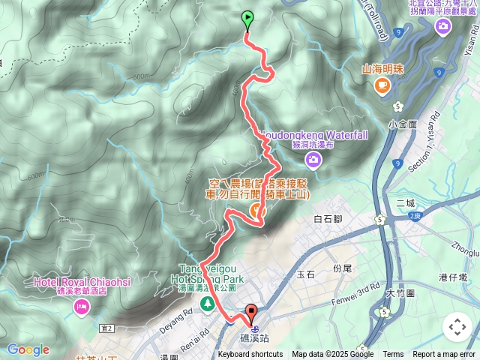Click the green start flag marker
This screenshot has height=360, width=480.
[x=247, y=20]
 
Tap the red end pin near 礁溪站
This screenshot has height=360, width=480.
[x=251, y=314]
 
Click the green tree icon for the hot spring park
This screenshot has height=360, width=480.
[x=208, y=303]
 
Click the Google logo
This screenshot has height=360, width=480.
[x=28, y=349]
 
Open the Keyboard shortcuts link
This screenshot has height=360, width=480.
[x=250, y=355]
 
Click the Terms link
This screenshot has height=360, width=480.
[x=393, y=355]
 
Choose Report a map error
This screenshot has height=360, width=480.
[x=445, y=355]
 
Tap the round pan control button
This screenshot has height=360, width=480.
[x=457, y=327]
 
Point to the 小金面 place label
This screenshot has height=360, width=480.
[x=403, y=123]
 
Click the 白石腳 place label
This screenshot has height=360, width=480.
[x=328, y=219]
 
